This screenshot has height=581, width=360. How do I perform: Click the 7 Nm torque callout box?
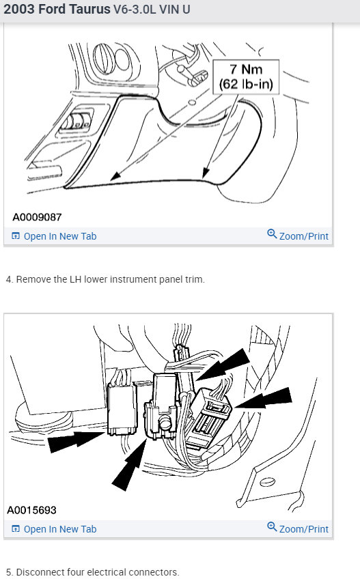(x=246, y=76)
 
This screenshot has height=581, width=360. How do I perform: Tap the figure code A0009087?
(x=37, y=217)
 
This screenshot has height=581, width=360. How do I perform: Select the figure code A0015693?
(x=32, y=510)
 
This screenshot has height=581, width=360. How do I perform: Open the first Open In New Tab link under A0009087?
(x=54, y=236)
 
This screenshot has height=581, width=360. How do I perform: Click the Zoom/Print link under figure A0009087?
(x=298, y=235)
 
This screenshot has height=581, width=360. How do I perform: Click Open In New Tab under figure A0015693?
(x=54, y=529)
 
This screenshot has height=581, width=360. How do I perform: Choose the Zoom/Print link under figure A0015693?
(x=298, y=528)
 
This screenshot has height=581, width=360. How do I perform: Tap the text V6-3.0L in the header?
(x=135, y=9)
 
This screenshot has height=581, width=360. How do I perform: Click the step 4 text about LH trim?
(x=105, y=279)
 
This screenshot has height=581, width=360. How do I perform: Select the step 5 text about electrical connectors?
(x=93, y=572)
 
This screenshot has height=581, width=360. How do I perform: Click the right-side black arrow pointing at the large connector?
(x=264, y=398)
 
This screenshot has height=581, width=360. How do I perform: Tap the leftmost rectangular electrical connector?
(x=122, y=409)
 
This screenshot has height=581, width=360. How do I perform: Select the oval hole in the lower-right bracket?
(x=267, y=482)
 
